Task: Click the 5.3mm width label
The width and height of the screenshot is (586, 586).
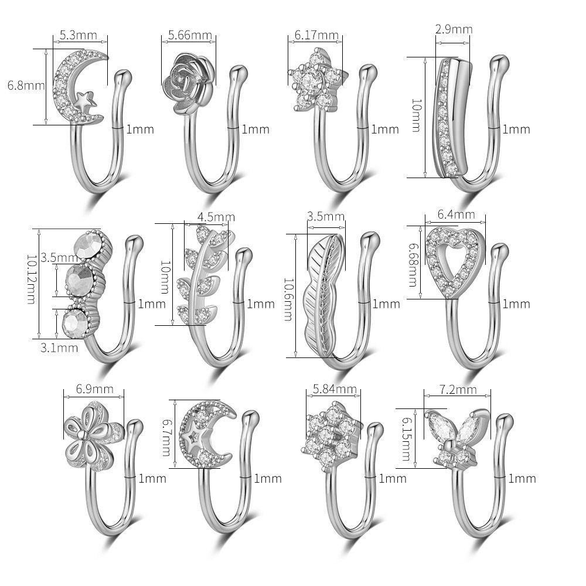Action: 79,35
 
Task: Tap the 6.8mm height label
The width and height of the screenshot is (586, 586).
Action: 26,85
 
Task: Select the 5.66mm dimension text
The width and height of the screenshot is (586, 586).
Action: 190,35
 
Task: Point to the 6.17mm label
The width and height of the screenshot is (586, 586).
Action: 316,35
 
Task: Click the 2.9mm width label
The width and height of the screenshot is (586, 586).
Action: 454,29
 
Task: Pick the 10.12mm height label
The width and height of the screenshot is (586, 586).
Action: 32,279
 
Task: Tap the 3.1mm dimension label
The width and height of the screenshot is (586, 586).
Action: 59,348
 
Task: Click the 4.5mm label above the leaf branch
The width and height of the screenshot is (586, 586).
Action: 216,217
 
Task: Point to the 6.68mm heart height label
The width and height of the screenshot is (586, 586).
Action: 413,265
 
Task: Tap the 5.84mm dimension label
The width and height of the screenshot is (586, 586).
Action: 335,389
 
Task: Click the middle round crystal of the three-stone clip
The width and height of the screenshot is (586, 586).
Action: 79,278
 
